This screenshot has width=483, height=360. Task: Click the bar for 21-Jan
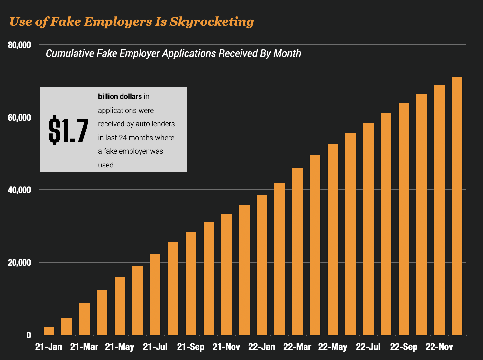(49, 331)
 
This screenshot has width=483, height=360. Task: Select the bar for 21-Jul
(155, 294)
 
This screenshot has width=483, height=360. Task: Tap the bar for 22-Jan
(262, 265)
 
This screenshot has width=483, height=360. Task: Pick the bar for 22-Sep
(404, 219)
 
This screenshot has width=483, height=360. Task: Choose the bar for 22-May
(333, 239)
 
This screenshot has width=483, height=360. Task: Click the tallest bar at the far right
(457, 206)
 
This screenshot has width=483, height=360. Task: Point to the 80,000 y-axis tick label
(19, 45)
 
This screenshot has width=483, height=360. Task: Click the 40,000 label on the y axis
(19, 190)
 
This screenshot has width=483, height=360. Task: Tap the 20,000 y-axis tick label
(19, 262)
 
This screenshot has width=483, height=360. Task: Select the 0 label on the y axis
(29, 335)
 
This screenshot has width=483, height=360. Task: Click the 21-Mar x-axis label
(84, 347)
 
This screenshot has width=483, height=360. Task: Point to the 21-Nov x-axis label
(226, 347)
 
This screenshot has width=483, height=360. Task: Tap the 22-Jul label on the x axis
(368, 347)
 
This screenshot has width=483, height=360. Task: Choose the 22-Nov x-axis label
(439, 347)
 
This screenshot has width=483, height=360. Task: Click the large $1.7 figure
(68, 130)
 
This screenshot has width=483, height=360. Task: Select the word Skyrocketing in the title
(212, 22)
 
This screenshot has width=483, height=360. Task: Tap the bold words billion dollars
(120, 96)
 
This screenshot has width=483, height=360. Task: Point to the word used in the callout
(106, 165)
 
